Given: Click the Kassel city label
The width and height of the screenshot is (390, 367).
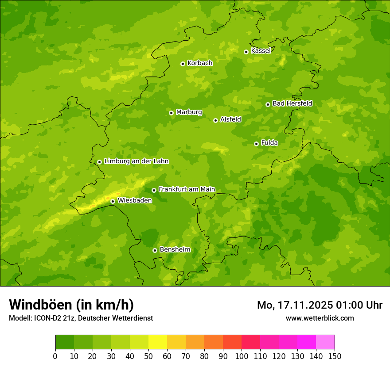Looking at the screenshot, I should [261, 51].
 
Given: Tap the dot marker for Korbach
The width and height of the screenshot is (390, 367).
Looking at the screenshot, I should [183, 64].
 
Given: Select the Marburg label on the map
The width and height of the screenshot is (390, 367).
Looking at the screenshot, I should [189, 112].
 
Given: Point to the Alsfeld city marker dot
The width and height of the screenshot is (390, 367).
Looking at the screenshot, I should [215, 120].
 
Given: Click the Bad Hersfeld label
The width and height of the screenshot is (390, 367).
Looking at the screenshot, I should [292, 103].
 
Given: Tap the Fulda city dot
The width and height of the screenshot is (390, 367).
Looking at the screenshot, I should [256, 144].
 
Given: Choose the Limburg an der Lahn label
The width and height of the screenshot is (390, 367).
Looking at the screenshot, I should [136, 161].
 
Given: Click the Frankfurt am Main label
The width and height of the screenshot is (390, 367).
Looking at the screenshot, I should [187, 189].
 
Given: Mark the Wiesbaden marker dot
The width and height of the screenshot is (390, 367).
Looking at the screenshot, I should [113, 201].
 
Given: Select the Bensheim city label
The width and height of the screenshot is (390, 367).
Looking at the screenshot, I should [175, 249].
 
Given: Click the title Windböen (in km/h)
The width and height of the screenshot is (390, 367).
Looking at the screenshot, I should [71, 305].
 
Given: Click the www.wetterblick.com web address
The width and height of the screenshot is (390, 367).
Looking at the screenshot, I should [320, 318].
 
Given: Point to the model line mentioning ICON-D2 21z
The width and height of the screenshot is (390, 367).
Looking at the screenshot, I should [81, 318].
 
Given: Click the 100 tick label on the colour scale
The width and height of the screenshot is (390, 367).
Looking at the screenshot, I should [242, 356].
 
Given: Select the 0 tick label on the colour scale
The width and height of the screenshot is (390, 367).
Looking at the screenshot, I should [55, 356].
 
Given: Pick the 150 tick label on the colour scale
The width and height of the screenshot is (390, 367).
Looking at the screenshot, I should [335, 356].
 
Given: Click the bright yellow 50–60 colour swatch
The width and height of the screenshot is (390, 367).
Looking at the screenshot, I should [158, 342].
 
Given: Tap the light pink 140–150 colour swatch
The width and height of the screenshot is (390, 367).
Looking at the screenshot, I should [325, 342].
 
